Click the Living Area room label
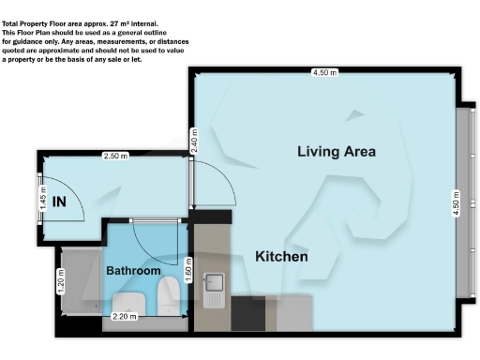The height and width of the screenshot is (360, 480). click(x=337, y=151)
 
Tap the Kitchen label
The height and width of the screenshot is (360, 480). click(x=282, y=256)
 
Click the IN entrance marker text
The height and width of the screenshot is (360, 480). click(x=59, y=201)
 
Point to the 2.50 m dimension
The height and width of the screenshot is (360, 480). click(x=115, y=156)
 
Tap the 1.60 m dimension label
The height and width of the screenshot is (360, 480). click(x=188, y=275)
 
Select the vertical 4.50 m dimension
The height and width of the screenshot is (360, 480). click(x=457, y=203)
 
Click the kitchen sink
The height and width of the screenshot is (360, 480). click(x=213, y=281)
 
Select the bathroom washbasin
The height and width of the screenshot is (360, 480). click(x=127, y=301)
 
